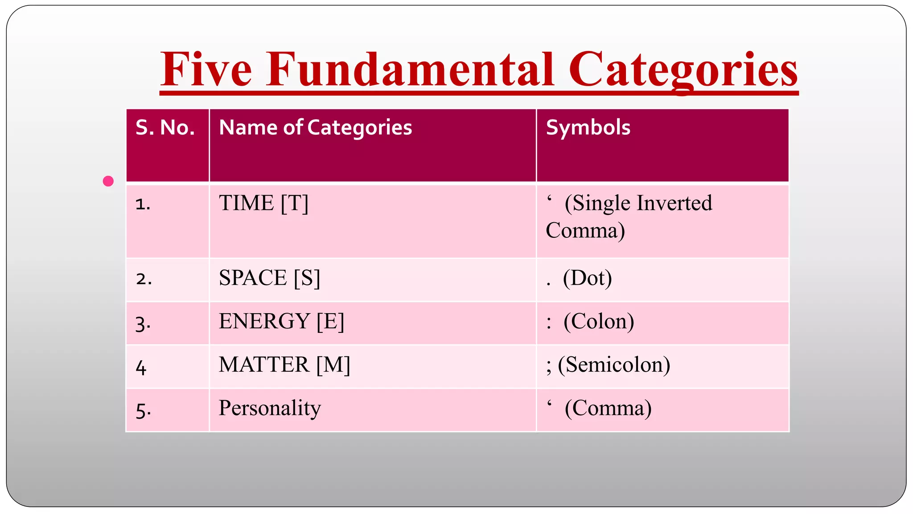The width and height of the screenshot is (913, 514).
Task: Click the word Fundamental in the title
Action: pyautogui.click(x=410, y=70)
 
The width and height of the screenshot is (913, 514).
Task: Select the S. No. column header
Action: pyautogui.click(x=165, y=128)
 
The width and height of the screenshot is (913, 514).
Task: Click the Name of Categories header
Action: pyautogui.click(x=315, y=128)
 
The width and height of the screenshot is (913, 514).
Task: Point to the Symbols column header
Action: pyautogui.click(x=588, y=128)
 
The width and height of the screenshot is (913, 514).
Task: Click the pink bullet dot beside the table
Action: pyautogui.click(x=108, y=181)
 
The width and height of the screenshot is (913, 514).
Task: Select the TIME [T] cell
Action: pyautogui.click(x=263, y=203)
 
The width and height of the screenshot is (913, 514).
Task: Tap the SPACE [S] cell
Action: pyautogui.click(x=269, y=278)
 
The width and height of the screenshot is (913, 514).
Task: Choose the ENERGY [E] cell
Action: pyautogui.click(x=281, y=321)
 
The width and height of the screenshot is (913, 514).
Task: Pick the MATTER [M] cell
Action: pyautogui.click(x=284, y=365)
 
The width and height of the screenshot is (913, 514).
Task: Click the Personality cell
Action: pyautogui.click(x=270, y=408)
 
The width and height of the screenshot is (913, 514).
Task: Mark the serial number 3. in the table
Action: pyautogui.click(x=143, y=323)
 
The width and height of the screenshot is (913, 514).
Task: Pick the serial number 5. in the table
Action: pyautogui.click(x=143, y=410)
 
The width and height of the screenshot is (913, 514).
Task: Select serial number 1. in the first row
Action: pyautogui.click(x=143, y=204)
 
